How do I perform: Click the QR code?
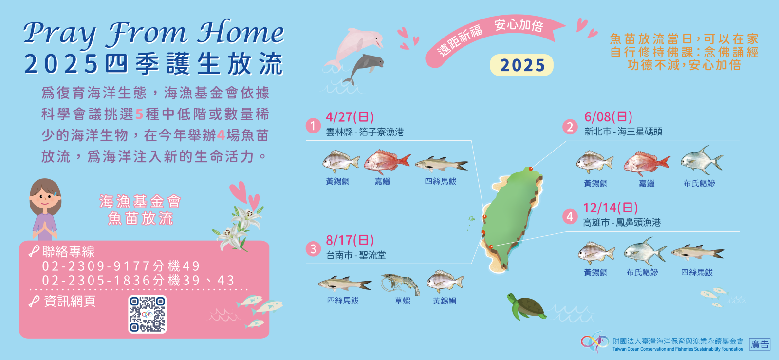coord(148,314)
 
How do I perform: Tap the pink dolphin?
coord(355,47)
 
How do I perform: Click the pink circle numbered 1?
coord(313,126)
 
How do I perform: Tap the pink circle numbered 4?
coord(570,217)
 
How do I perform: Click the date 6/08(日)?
coord(608,117)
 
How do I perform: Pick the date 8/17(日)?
coord(350,240)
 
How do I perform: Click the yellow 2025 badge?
coord(521,65)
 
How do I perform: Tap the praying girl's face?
coord(45,198)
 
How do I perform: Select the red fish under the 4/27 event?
coord(387,162)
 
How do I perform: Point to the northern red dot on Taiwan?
coord(531,169)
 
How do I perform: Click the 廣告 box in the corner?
coord(760,344)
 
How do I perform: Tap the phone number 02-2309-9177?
coord(96,266)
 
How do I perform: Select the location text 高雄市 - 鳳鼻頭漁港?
coord(622,222)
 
